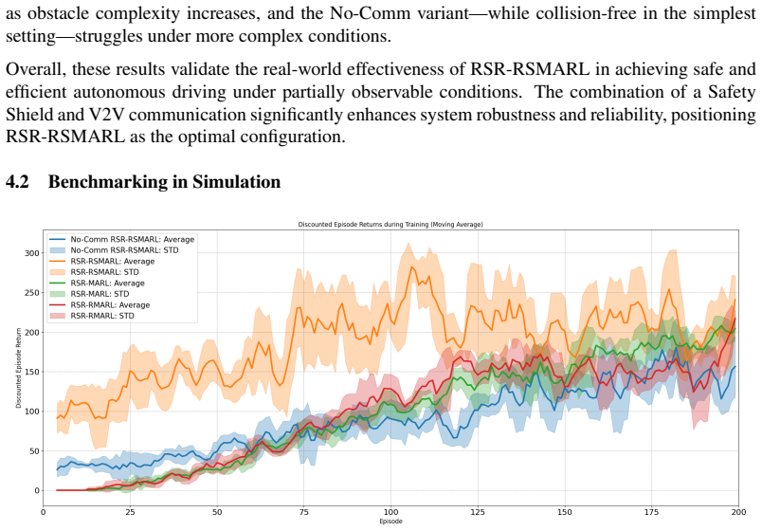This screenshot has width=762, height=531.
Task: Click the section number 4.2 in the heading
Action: click(x=17, y=181)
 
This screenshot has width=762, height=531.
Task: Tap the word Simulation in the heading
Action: click(x=236, y=181)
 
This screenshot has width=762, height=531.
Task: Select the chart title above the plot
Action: click(x=390, y=225)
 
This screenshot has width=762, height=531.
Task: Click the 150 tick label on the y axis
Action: click(x=33, y=372)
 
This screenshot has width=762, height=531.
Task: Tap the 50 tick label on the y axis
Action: click(x=35, y=451)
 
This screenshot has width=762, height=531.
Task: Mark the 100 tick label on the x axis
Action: click(x=390, y=512)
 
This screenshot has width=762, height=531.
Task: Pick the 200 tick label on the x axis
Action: click(x=738, y=512)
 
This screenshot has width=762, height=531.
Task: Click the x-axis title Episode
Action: click(x=390, y=522)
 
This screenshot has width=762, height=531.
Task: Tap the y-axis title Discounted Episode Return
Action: click(x=18, y=368)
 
